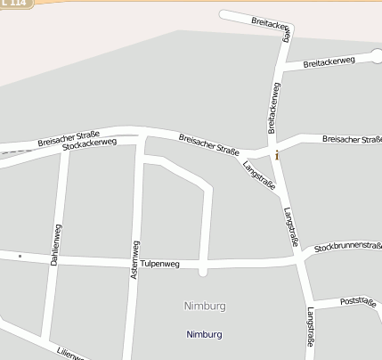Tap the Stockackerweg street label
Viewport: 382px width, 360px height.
click(90, 145)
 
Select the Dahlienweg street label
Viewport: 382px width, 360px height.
click(57, 245)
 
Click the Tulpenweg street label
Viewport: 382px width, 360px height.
click(160, 264)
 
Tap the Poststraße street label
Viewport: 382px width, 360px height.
click(358, 303)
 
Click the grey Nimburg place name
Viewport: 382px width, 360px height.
click(205, 306)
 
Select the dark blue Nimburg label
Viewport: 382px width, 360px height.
click(205, 334)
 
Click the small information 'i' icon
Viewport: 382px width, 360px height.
click(277, 155)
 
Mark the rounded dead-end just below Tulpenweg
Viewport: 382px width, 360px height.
click(203, 271)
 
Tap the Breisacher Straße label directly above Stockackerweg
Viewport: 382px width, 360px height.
click(69, 138)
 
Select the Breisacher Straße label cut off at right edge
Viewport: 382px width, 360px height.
click(352, 139)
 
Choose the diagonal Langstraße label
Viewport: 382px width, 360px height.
click(259, 175)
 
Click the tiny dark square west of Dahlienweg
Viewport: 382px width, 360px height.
click(20, 256)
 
